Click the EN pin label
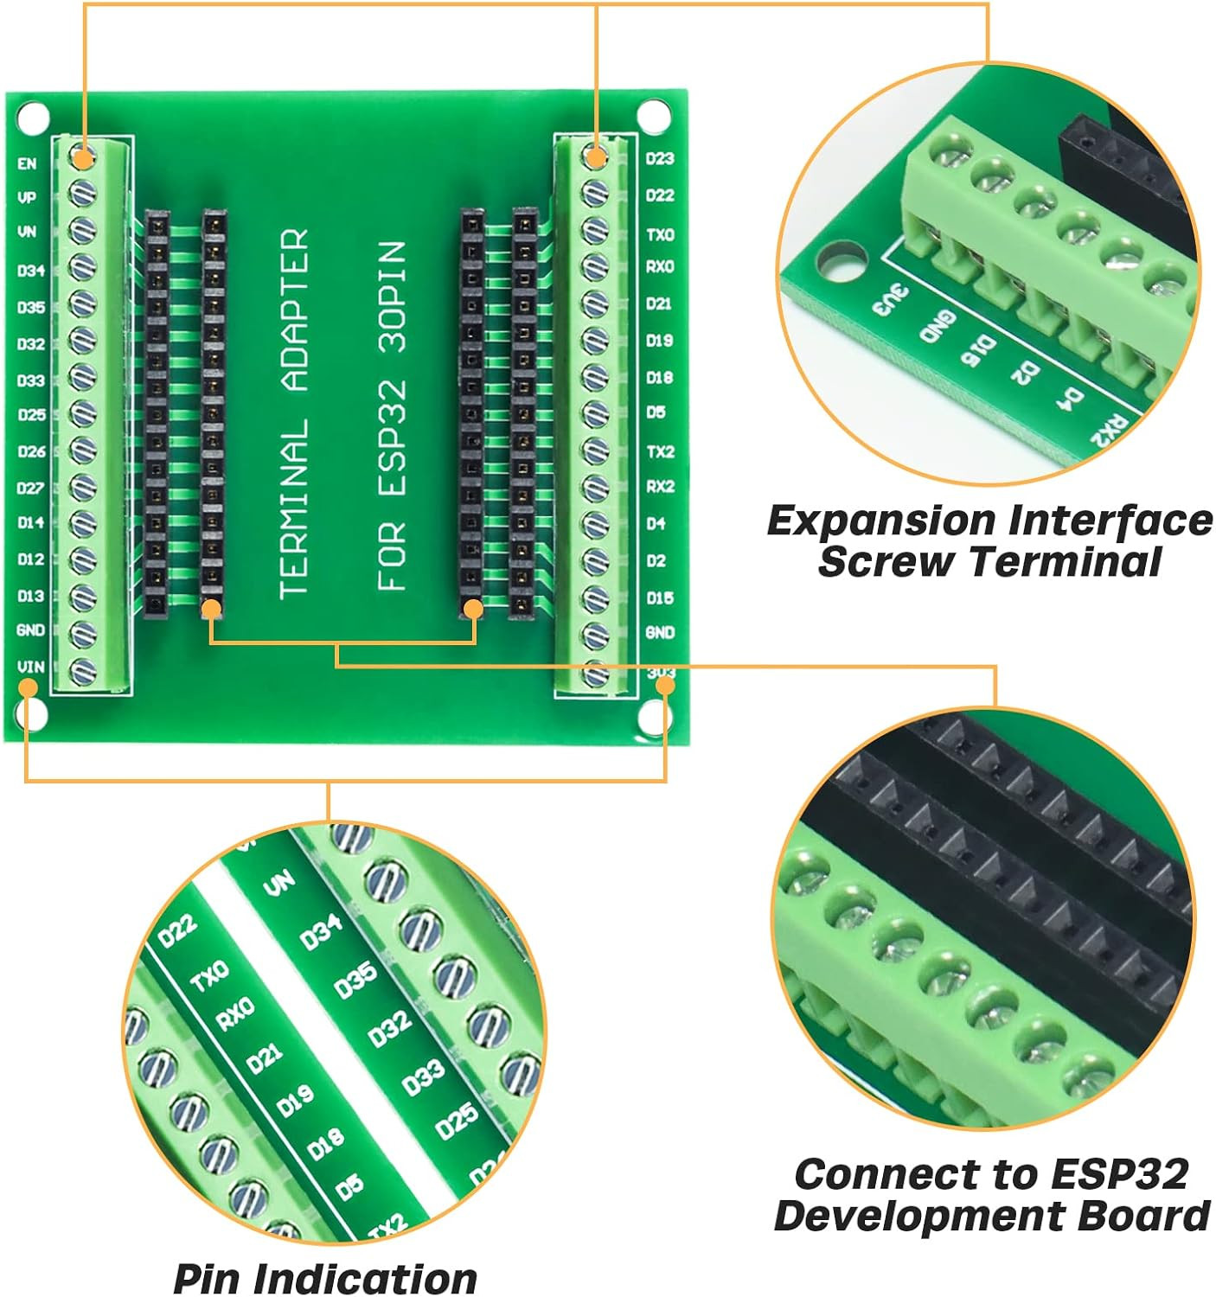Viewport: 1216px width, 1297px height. [28, 163]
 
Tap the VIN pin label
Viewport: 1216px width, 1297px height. [30, 667]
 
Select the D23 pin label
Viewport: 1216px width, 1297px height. [660, 158]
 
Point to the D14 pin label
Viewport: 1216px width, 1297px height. [30, 523]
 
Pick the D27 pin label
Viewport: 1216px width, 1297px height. [30, 488]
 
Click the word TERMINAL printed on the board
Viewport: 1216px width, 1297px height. [294, 510]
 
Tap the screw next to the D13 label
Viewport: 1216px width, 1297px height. [82, 597]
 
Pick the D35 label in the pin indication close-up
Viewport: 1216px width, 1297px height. [355, 980]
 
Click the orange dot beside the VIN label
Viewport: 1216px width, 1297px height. [29, 688]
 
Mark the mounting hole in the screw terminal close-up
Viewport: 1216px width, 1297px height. [842, 263]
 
